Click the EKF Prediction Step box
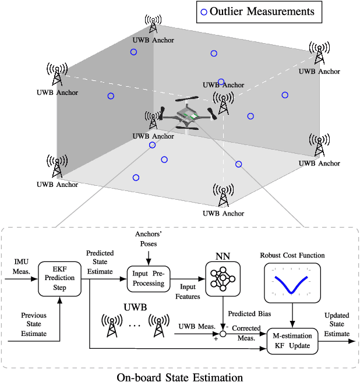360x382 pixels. click(x=60, y=280)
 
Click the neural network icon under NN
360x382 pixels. click(x=222, y=277)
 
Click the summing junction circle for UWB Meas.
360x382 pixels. click(x=223, y=334)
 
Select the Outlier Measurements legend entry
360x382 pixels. click(x=259, y=11)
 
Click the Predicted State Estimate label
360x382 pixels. click(x=100, y=262)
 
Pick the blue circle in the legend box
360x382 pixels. click(x=203, y=12)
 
